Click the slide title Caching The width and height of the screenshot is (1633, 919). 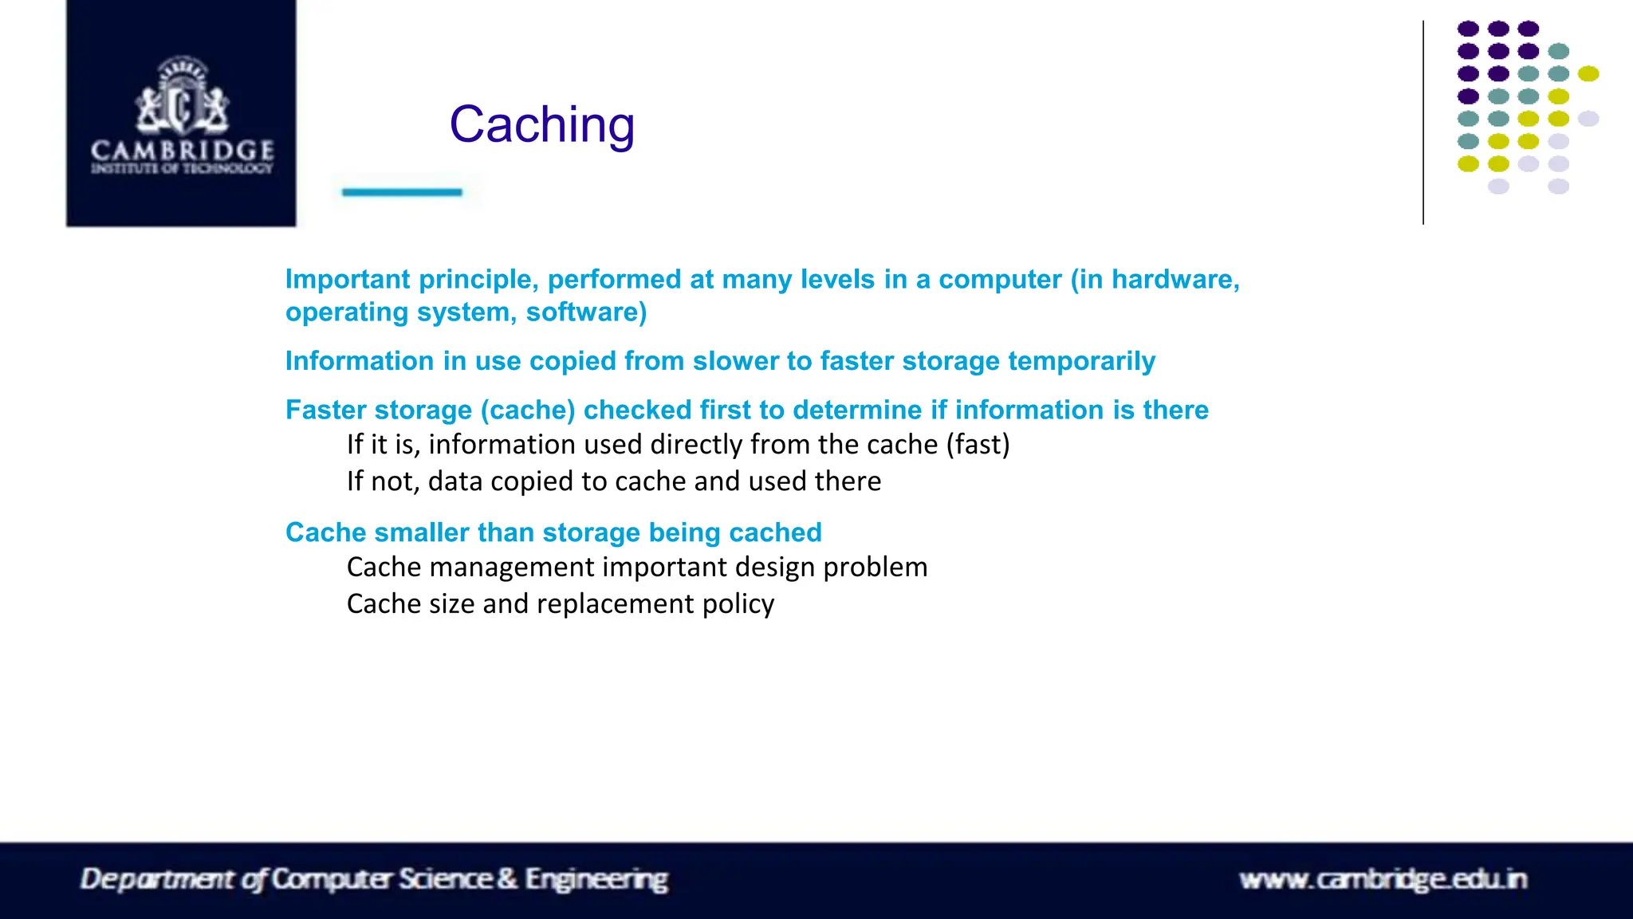coord(541,125)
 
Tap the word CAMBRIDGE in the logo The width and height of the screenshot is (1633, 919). coord(182,150)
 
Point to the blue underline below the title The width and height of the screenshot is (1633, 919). coord(402,192)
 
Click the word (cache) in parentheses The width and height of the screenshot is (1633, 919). coord(527,410)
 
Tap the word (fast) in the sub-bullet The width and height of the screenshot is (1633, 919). coord(978,444)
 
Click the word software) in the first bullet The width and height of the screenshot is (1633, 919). coord(586,312)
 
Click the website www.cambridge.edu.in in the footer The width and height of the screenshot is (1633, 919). coord(1383,879)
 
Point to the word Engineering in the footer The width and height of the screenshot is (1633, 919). coord(596,879)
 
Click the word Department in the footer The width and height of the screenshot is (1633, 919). coord(157,879)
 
